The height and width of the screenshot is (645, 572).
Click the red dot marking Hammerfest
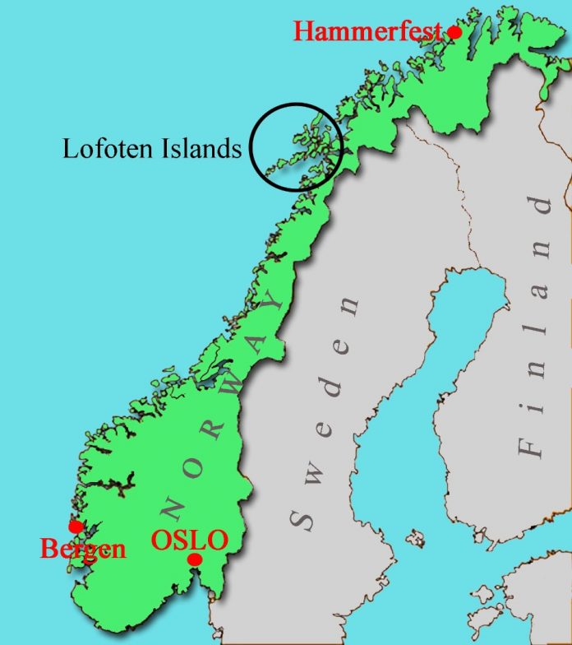click(454, 32)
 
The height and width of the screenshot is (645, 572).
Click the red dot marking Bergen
click(76, 526)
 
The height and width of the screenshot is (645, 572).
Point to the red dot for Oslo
click(195, 559)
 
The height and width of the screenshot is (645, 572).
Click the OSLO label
click(189, 541)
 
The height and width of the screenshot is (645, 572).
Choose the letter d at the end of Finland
click(542, 205)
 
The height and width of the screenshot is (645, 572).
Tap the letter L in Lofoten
click(71, 148)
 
